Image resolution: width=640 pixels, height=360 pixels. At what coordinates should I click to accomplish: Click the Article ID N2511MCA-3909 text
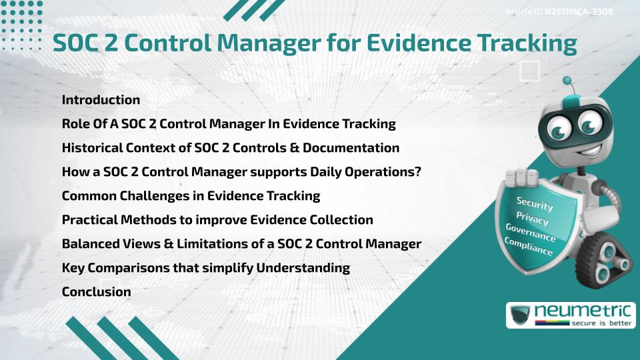pyautogui.click(x=559, y=11)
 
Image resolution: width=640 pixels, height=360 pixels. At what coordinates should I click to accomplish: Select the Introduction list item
pyautogui.click(x=101, y=100)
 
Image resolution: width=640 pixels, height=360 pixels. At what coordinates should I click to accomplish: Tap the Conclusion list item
pyautogui.click(x=96, y=291)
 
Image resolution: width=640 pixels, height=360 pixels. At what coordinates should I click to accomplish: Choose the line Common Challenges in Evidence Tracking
pyautogui.click(x=191, y=196)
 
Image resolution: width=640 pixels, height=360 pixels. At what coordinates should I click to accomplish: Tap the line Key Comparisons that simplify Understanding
pyautogui.click(x=205, y=268)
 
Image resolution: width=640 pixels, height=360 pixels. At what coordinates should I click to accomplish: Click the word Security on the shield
pyautogui.click(x=534, y=203)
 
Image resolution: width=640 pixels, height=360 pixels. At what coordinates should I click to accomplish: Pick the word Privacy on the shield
pyautogui.click(x=532, y=218)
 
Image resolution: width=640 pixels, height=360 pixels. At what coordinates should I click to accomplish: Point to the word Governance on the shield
pyautogui.click(x=530, y=233)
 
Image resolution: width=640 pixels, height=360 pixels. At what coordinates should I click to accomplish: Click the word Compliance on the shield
pyautogui.click(x=529, y=247)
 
